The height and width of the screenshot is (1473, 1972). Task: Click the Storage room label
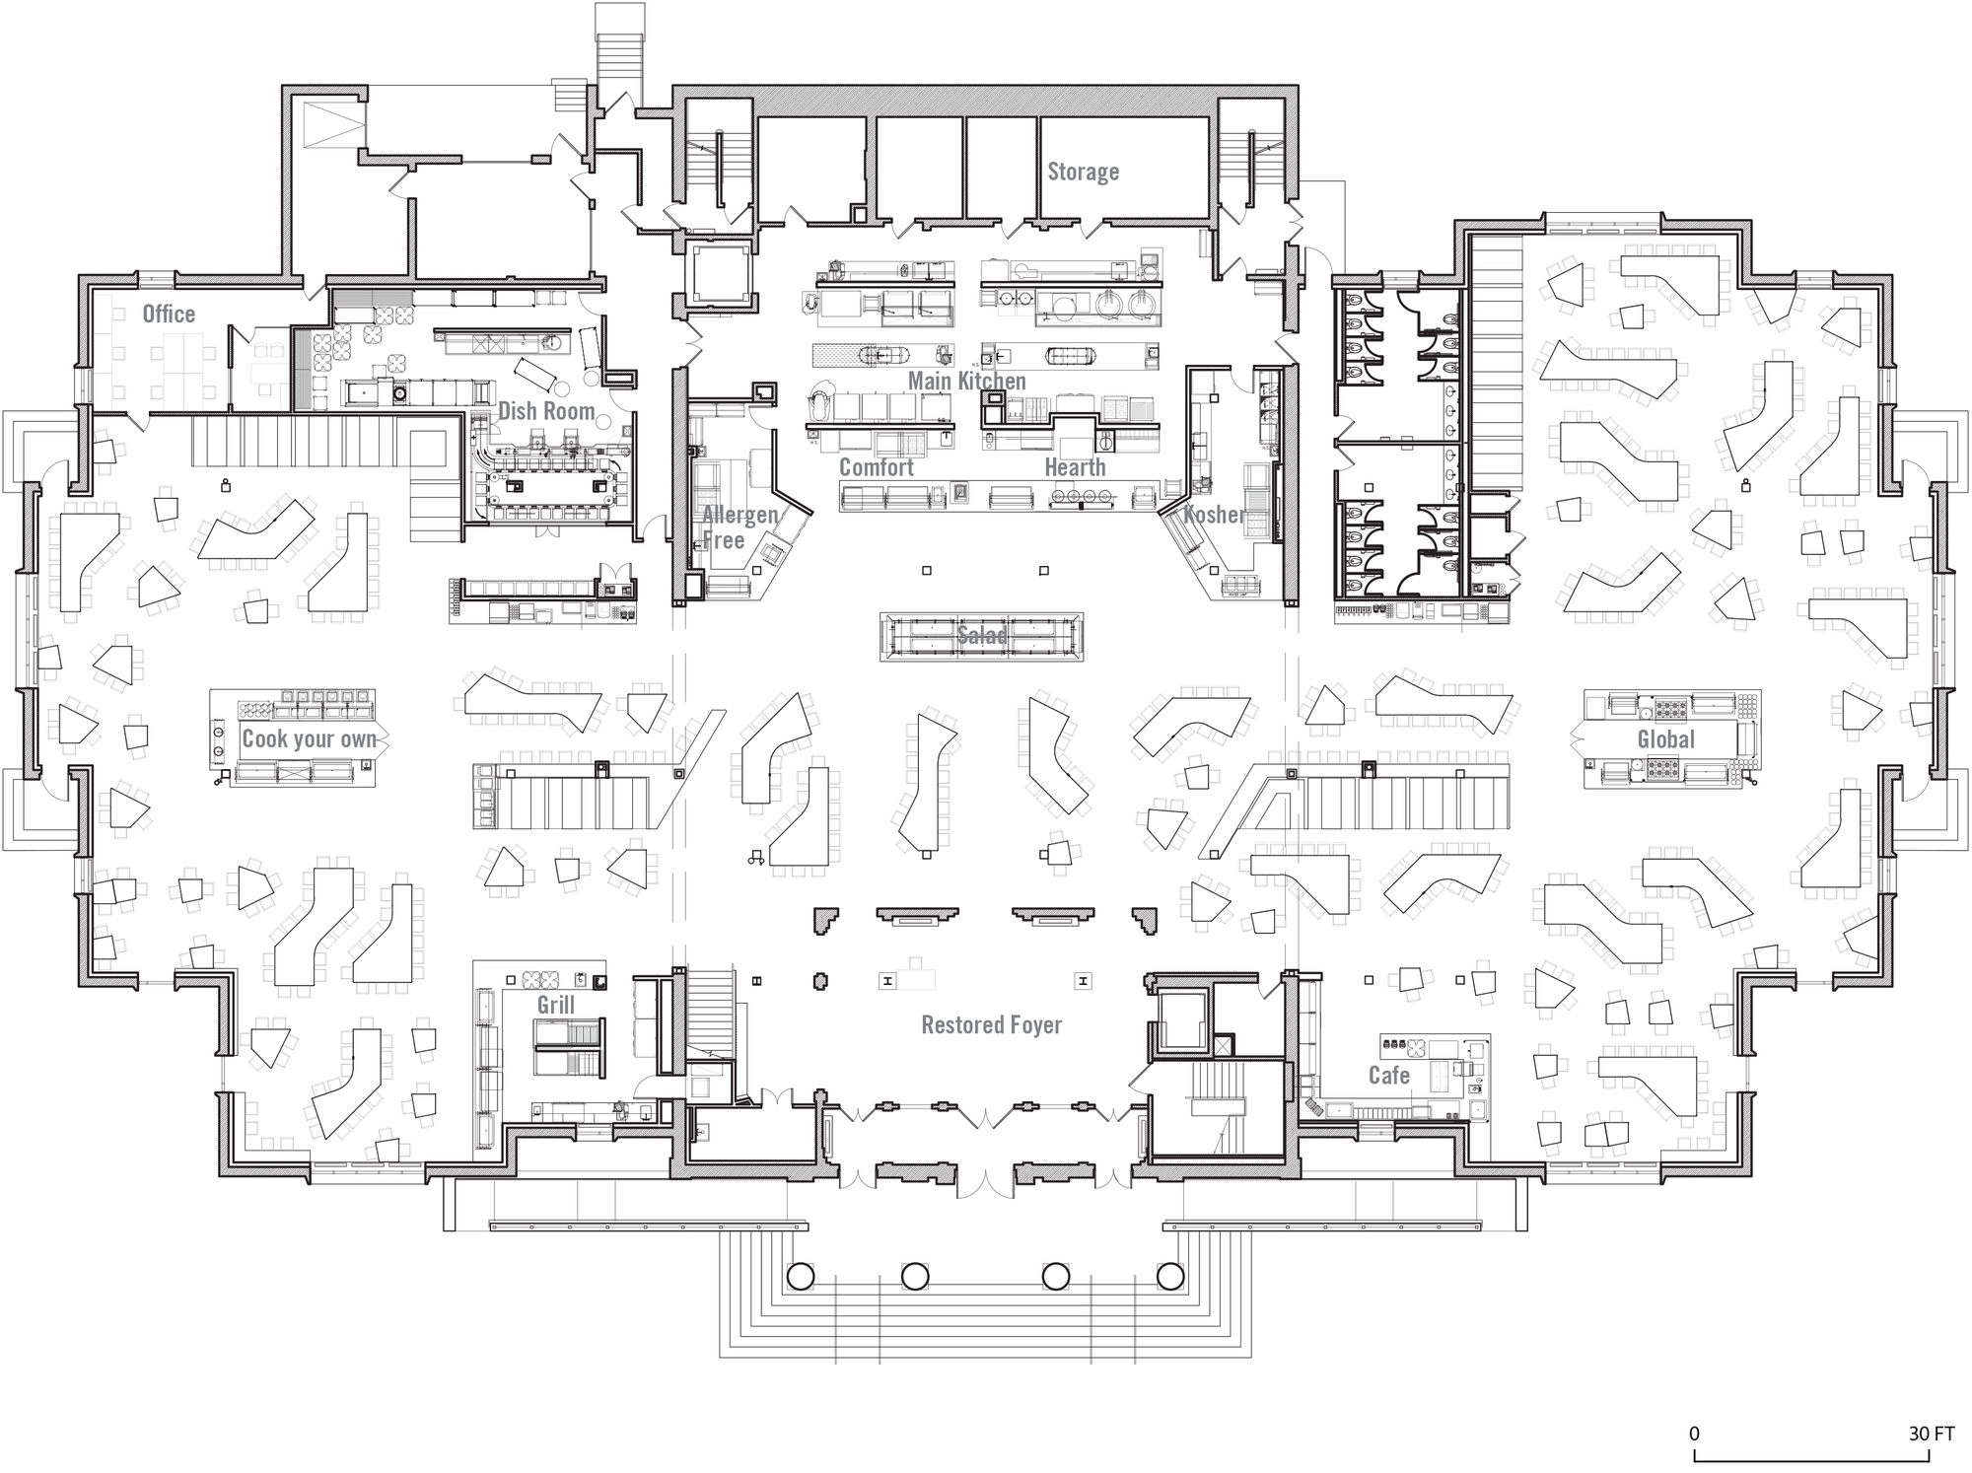[x=1083, y=172]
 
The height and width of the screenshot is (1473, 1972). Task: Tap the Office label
[x=169, y=314]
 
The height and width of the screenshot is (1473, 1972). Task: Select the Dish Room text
[x=545, y=411]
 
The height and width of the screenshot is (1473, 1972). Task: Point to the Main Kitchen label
[x=966, y=381]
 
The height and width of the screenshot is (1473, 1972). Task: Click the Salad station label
[x=981, y=636]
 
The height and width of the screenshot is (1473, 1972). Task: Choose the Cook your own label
[x=310, y=738]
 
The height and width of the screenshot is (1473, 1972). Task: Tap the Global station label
[x=1665, y=739]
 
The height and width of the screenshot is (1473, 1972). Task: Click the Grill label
[x=555, y=1005]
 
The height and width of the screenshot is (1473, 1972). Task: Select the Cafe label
[x=1388, y=1075]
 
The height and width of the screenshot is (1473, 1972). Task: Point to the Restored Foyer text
[x=991, y=1024]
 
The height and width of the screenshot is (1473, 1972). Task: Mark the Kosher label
[x=1215, y=514]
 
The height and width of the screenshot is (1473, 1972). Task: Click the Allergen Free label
[x=739, y=526]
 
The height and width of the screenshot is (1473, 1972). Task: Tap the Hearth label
[x=1075, y=467]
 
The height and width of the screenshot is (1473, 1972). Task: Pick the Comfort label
[x=876, y=467]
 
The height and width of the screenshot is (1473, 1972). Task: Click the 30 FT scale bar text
[x=1931, y=1433]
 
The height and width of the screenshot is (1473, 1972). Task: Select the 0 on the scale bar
[x=1694, y=1433]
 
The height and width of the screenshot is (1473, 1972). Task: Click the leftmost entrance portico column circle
[x=800, y=1277]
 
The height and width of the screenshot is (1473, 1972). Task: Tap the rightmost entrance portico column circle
[x=1169, y=1277]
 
